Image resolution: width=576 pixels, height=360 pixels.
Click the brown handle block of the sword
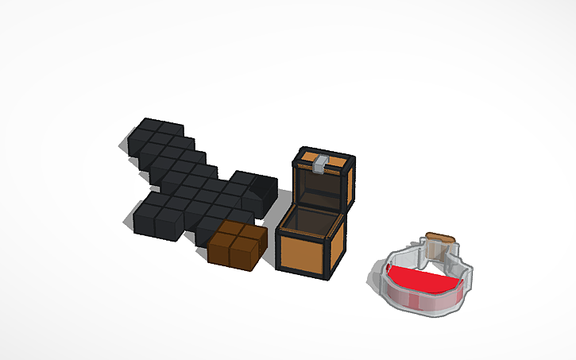tap(236, 246)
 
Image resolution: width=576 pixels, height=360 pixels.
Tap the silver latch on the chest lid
tap(320, 165)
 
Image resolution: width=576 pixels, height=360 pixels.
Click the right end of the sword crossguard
tap(262, 187)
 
